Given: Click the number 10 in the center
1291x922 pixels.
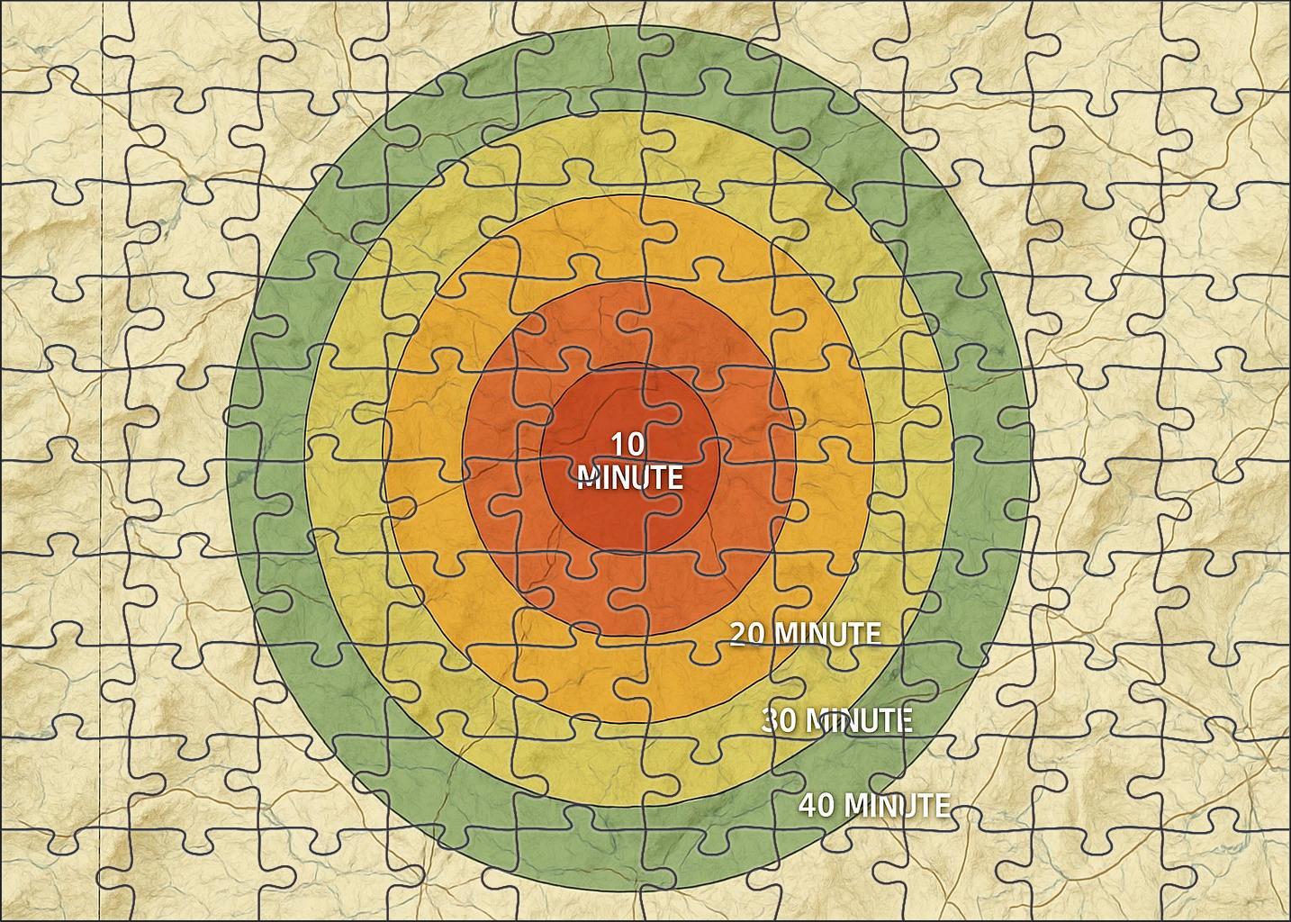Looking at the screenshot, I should (628, 444).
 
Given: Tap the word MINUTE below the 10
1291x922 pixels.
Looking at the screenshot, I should (629, 476).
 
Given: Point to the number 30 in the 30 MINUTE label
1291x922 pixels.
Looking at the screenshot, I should (779, 720).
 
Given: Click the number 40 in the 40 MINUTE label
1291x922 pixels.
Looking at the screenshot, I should (816, 804).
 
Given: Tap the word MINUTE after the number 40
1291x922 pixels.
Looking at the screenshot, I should (896, 804).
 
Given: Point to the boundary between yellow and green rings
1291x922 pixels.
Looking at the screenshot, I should (305, 450).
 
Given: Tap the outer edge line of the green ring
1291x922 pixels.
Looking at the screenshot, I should (230, 450).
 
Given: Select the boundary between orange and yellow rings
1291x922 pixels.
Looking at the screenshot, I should (385, 450).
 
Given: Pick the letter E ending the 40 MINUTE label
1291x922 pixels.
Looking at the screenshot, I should (942, 804).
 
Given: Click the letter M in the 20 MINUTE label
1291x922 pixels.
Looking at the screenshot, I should (785, 634).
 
